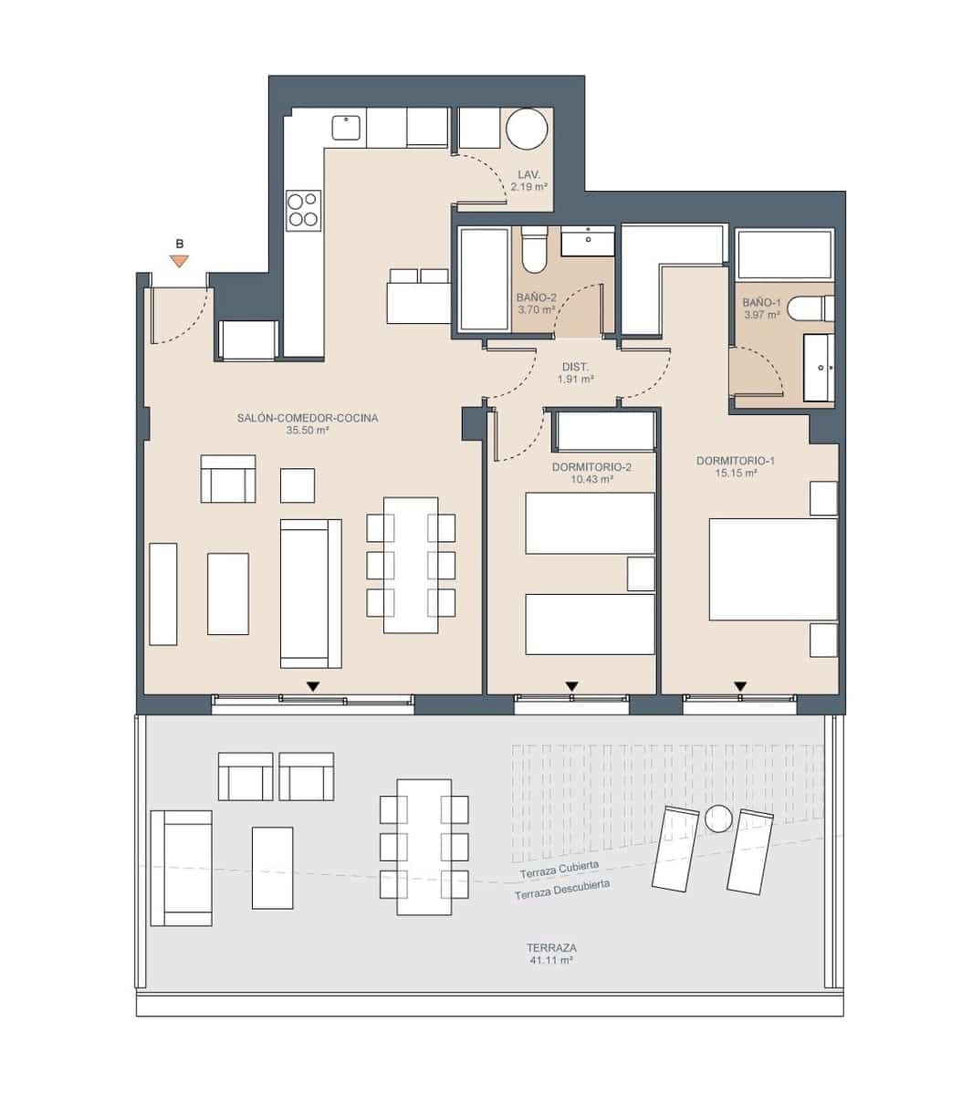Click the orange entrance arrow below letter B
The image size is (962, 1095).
pos(180,262)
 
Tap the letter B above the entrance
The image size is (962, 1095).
pos(180,244)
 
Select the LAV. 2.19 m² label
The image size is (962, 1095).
pos(528,180)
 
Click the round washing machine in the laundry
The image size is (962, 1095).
pos(528,129)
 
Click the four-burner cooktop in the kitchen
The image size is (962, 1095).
pos(303,209)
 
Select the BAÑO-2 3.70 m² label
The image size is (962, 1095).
pos(536,303)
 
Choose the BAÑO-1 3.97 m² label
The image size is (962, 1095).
pos(761,308)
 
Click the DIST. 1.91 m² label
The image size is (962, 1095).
pos(575,372)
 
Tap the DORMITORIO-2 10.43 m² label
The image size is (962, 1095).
pos(591,472)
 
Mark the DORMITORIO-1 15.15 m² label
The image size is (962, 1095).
pos(736,467)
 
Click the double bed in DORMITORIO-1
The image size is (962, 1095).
pos(773,569)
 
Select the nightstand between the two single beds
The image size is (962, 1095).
pos(641,573)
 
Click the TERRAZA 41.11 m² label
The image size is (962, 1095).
pos(551,954)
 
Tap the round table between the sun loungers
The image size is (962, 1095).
pos(718,819)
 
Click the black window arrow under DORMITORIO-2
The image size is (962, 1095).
pos(572,686)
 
